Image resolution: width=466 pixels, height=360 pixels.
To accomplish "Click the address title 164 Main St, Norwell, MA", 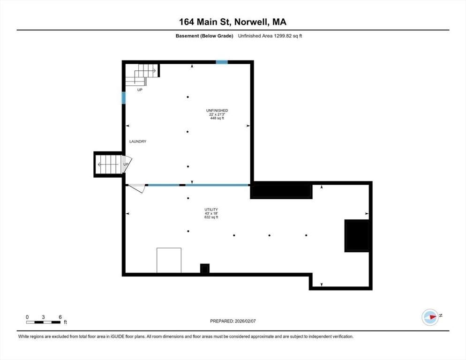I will pos(233,22).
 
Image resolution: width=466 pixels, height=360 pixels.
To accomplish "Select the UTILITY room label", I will pos(211,210).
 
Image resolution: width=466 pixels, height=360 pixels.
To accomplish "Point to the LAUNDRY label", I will pos(138,142).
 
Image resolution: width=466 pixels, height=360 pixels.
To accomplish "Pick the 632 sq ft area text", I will pos(211,217).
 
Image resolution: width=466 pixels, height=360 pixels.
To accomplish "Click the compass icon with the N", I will pos(430,317).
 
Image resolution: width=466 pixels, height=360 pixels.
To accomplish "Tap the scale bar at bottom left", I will pos(44,322).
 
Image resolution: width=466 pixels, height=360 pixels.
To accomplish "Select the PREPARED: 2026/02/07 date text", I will pos(233,321).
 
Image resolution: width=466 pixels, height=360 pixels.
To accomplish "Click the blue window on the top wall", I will pos(222,62).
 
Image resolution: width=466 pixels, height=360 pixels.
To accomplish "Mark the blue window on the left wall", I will pos(124,97).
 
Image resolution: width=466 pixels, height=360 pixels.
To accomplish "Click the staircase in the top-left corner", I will pos(142,75).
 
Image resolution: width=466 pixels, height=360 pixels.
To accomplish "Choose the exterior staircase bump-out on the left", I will pos(108,165).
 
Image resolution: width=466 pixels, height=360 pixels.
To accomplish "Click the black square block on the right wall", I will pos(357,235).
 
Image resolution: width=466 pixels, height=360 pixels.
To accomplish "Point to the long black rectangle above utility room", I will pos(281,191).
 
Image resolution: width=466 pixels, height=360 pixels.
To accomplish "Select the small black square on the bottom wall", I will pos(205,269).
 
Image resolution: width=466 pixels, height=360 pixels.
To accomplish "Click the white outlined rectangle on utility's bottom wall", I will pos(169,260).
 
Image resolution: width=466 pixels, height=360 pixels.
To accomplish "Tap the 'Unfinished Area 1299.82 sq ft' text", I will pos(270,36).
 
